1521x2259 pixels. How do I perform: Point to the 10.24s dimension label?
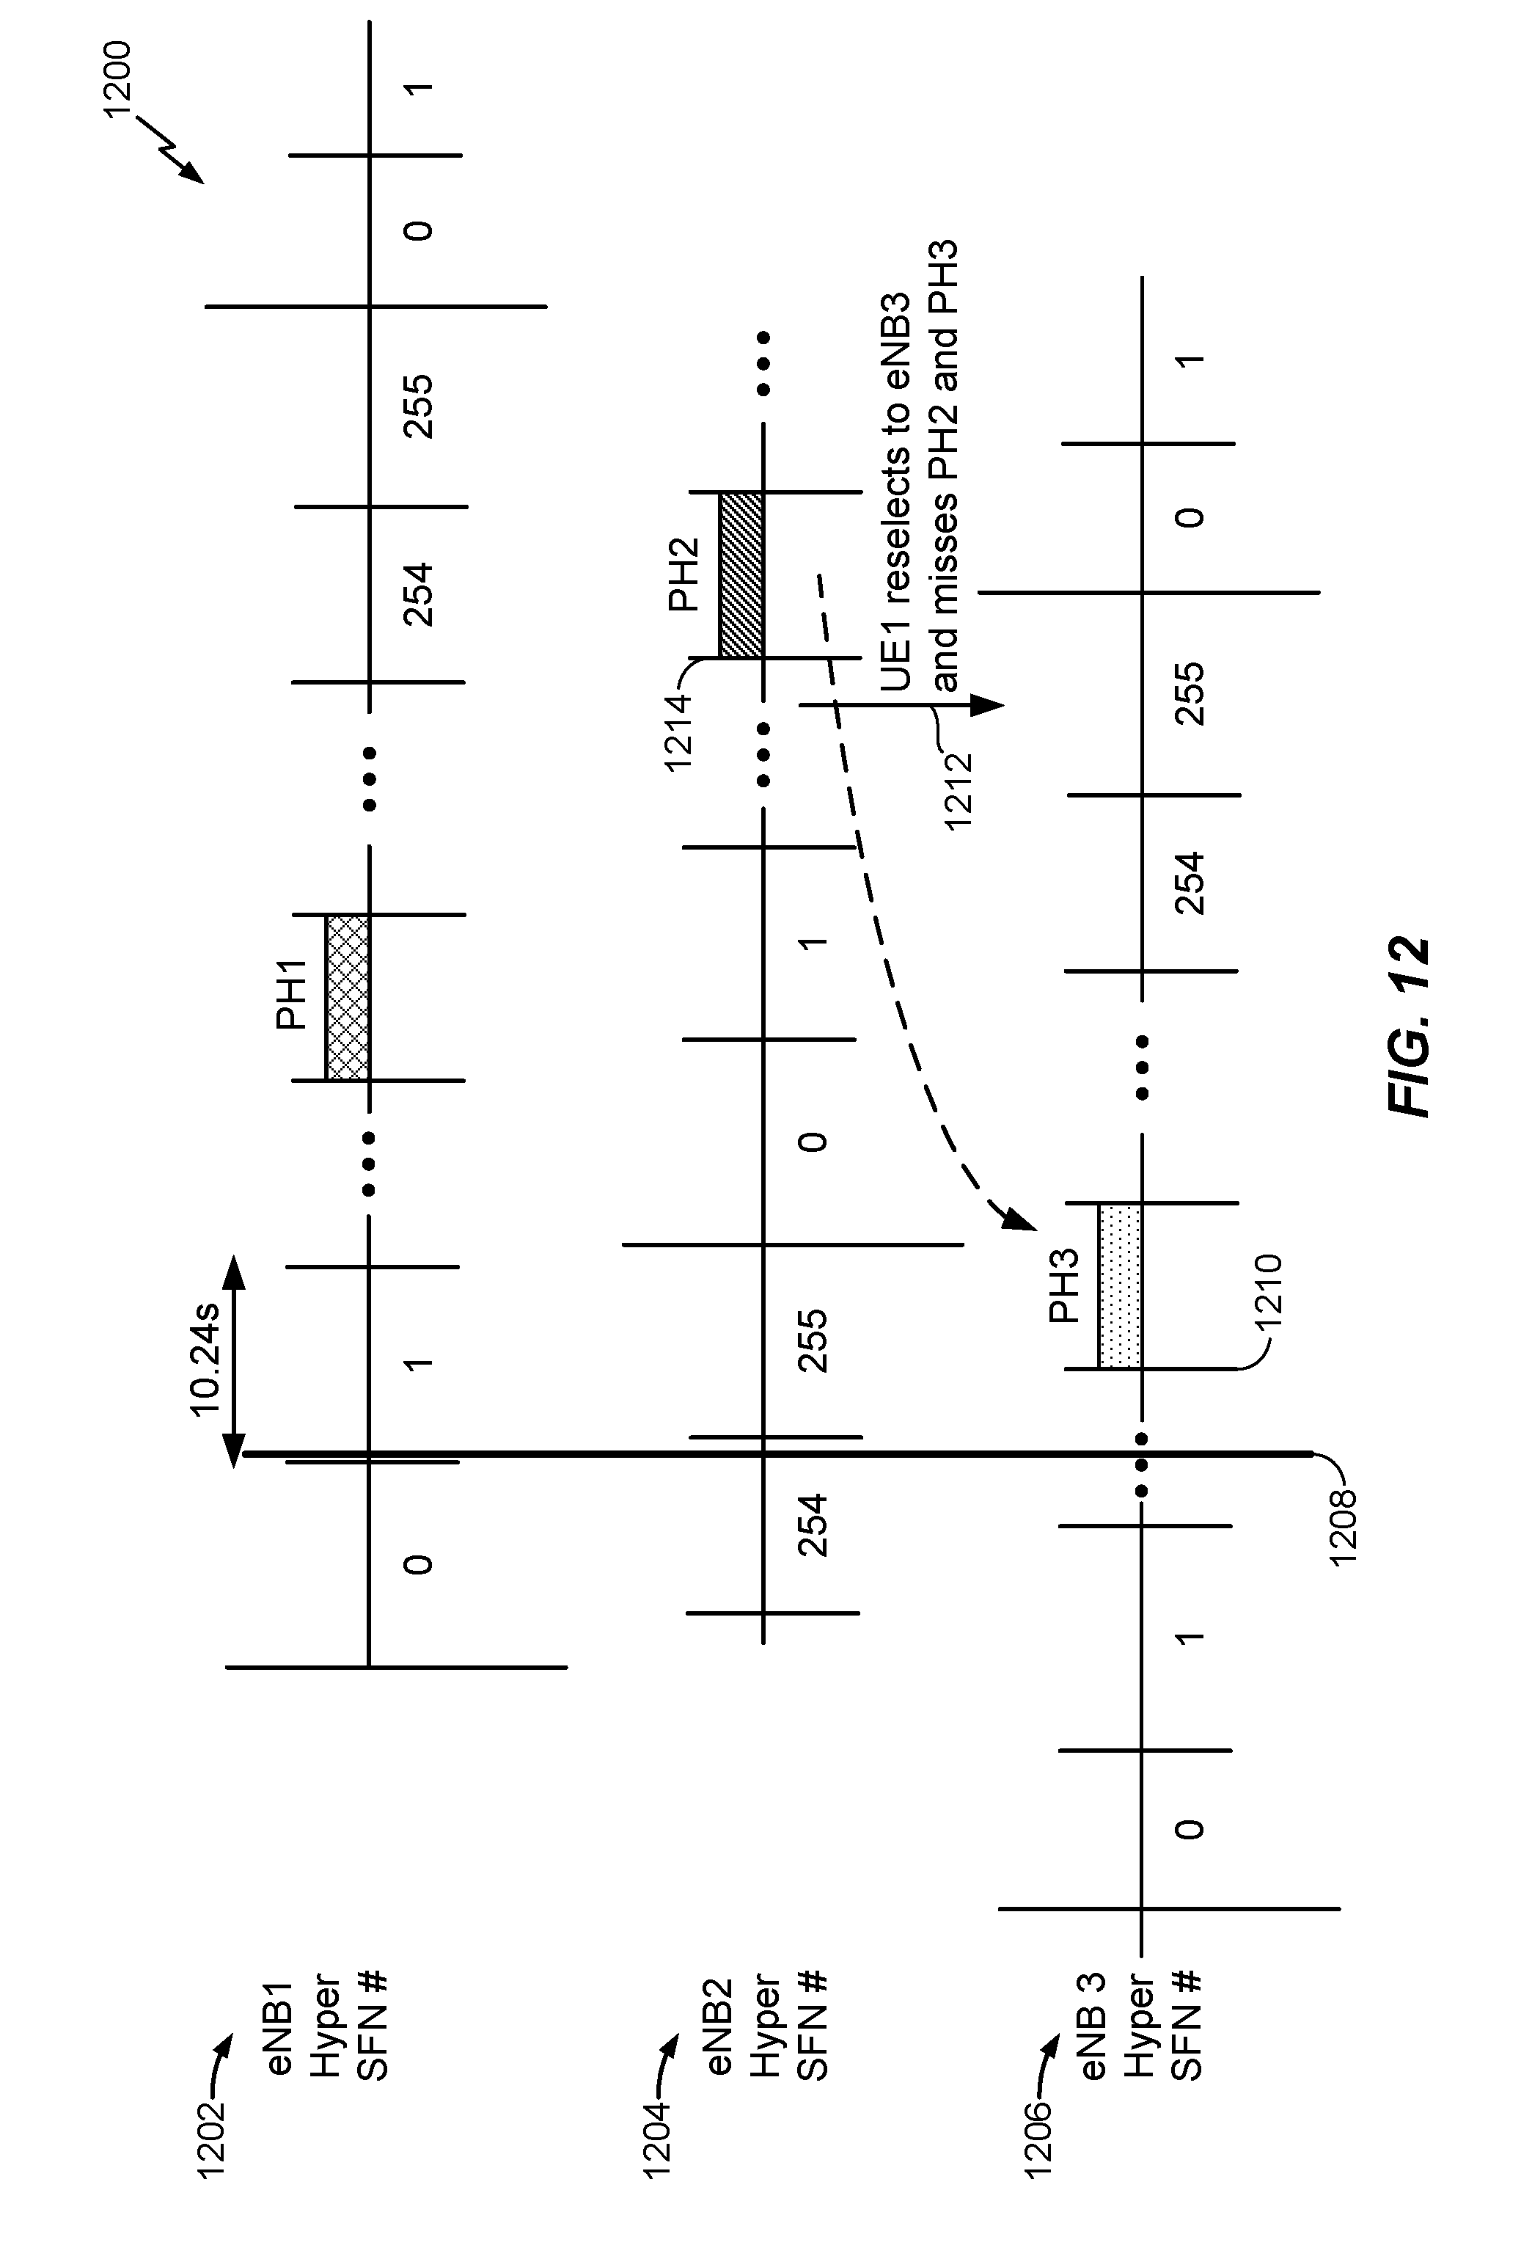click(205, 1360)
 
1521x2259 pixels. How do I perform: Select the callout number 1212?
click(959, 791)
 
